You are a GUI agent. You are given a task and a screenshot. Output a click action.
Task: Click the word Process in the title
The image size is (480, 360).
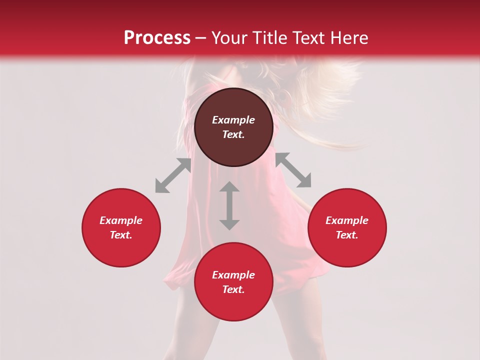157,38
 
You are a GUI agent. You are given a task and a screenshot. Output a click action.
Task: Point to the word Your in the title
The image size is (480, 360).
229,38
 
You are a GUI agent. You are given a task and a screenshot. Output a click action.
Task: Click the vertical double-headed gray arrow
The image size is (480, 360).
229,205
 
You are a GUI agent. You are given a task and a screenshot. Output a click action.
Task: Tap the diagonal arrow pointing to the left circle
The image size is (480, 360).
173,175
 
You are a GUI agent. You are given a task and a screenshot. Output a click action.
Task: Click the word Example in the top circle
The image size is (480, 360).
233,120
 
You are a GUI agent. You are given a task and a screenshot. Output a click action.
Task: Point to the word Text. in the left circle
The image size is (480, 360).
121,235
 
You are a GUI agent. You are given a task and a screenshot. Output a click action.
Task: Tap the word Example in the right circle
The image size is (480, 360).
347,220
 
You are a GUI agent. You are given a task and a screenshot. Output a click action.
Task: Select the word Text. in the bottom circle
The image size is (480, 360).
233,289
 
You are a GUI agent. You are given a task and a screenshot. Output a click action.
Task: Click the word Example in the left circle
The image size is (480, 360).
121,220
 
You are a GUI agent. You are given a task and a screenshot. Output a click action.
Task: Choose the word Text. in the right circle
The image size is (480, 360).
347,235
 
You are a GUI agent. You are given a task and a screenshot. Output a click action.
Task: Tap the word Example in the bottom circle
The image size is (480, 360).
233,275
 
